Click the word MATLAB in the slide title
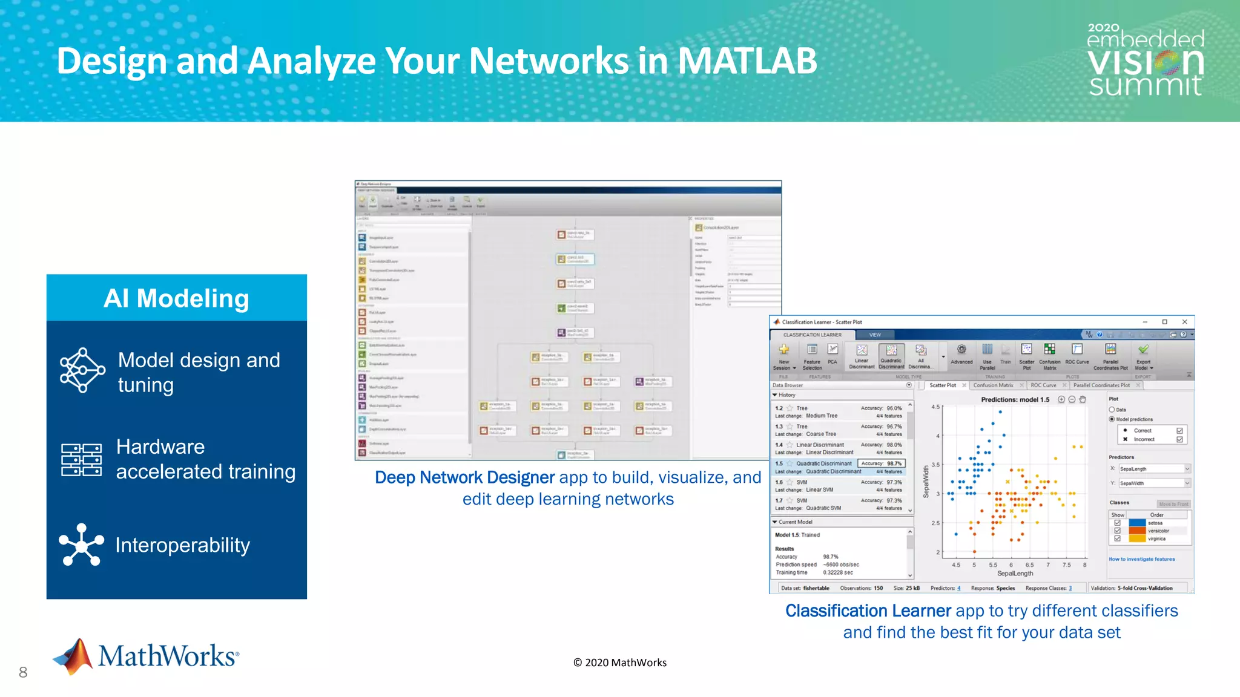[x=747, y=61]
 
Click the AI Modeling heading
[x=176, y=298]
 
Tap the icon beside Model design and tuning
[x=82, y=370]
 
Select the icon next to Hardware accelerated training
[x=81, y=459]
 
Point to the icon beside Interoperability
[x=81, y=545]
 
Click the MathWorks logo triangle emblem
[x=74, y=656]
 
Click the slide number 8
[x=23, y=672]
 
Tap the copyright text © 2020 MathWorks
[x=620, y=663]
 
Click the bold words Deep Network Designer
[x=464, y=477]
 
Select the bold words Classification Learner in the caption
[x=868, y=610]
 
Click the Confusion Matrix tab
[x=993, y=385]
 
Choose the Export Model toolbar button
[x=1143, y=356]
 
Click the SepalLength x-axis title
[x=1015, y=574]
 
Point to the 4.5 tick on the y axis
[x=935, y=407]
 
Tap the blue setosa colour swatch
[x=1137, y=523]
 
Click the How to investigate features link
[x=1141, y=559]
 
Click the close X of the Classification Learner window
[x=1185, y=322]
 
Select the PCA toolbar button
[x=833, y=355]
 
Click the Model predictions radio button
[x=1112, y=419]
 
